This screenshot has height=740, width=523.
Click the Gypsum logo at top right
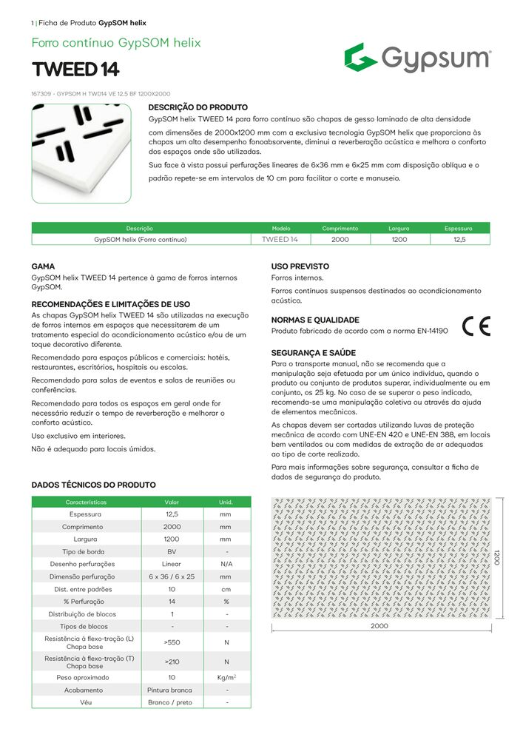point(416,58)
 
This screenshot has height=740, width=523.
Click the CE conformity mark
point(476,326)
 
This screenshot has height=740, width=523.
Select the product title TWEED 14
point(75,70)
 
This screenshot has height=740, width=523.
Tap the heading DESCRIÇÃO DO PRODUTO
point(198,107)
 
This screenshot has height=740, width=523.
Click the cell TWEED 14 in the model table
point(280,240)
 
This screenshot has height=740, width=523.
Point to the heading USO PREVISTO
point(300,266)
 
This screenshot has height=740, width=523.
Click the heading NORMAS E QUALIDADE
point(315,320)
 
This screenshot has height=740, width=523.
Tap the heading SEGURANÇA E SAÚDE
point(313,353)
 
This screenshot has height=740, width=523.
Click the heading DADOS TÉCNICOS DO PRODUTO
point(93,485)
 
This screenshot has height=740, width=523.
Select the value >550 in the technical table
point(172,642)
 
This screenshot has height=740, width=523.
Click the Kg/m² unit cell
point(226,677)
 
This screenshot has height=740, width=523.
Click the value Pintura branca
point(172,690)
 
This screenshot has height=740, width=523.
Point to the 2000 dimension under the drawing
point(379,626)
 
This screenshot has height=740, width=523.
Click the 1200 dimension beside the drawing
point(497,558)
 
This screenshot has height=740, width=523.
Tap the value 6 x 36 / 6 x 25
point(172,576)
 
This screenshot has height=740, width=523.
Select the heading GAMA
point(43,266)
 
